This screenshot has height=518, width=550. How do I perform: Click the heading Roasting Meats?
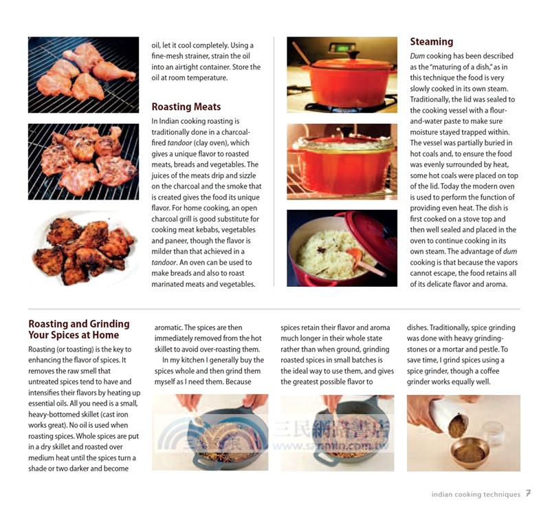[186, 107]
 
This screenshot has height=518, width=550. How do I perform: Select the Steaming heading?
[431, 42]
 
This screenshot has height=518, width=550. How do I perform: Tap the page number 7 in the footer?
[528, 493]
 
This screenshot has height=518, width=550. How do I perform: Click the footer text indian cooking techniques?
[476, 494]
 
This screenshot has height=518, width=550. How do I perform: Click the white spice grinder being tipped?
[447, 417]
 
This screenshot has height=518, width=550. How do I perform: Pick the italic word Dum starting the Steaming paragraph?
[417, 56]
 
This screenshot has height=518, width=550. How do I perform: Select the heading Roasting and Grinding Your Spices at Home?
[78, 330]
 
